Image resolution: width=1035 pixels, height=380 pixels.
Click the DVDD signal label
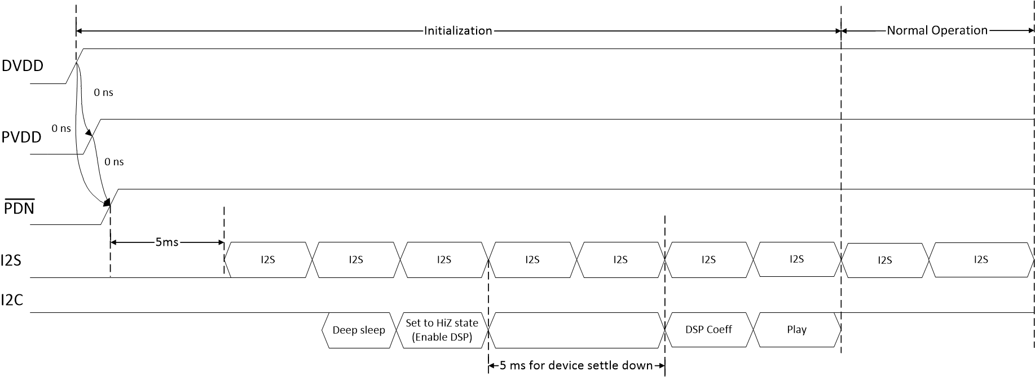point(22,66)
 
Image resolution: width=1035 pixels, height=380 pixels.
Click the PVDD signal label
point(21,136)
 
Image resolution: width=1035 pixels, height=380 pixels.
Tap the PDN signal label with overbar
point(19,208)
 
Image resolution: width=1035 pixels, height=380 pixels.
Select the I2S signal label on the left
point(11,260)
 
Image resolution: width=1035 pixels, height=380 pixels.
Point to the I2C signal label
point(12,300)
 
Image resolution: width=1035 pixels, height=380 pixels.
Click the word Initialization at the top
point(458,30)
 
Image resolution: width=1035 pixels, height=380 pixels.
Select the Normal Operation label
point(937,30)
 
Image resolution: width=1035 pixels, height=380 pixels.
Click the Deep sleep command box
point(358,330)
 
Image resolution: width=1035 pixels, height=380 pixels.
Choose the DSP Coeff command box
point(708,330)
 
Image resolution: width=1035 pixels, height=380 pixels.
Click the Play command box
point(796,330)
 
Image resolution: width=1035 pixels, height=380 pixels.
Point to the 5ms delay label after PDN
point(167,242)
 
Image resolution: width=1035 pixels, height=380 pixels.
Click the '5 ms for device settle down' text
point(576,365)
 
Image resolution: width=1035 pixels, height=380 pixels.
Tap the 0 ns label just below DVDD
point(104,92)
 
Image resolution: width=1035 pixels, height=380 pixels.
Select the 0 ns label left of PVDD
point(61,129)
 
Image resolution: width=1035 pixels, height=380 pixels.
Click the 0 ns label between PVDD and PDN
point(114,162)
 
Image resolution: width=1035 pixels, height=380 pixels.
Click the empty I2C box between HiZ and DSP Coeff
point(576,330)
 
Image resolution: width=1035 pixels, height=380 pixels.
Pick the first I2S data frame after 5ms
point(268,260)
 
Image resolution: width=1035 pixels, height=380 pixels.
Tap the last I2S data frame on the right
point(981,259)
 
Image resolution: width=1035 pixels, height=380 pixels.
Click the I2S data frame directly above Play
point(796,259)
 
